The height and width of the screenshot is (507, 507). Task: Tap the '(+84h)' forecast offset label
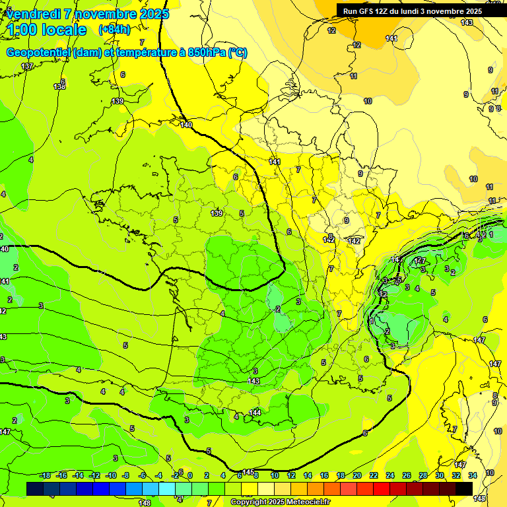pyautogui.click(x=114, y=29)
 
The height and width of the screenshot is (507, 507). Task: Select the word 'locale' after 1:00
pyautogui.click(x=63, y=30)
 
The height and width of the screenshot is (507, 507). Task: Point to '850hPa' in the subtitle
pyautogui.click(x=203, y=53)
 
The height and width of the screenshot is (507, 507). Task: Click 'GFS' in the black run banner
pyautogui.click(x=368, y=11)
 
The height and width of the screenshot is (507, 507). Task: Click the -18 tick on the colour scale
pyautogui.click(x=44, y=475)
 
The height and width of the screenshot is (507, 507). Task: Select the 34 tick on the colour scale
pyautogui.click(x=473, y=475)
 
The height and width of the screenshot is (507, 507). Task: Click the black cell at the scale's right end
pyautogui.click(x=463, y=489)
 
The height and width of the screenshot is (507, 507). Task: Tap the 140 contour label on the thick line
pyautogui.click(x=186, y=125)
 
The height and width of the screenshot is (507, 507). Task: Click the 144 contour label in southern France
pyautogui.click(x=255, y=413)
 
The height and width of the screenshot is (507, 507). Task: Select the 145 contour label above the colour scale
pyautogui.click(x=248, y=472)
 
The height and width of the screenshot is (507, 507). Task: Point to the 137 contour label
pyautogui.click(x=27, y=66)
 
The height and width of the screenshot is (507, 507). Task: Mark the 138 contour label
pyautogui.click(x=59, y=86)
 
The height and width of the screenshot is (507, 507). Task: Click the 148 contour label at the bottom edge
pyautogui.click(x=145, y=503)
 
